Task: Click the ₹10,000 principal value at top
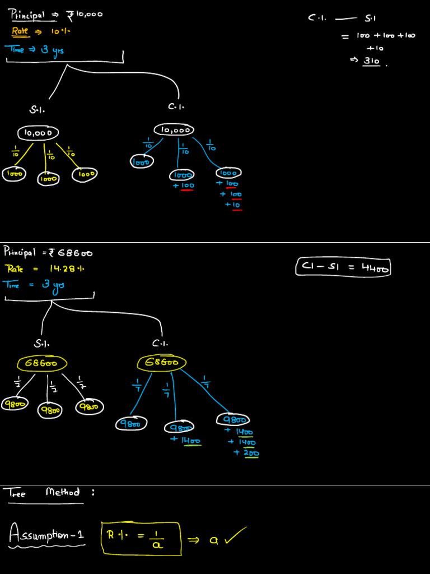(x=85, y=15)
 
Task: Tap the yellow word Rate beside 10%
(x=20, y=31)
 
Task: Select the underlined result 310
(x=372, y=61)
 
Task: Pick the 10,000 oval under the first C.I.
(x=173, y=129)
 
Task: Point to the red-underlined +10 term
(x=233, y=205)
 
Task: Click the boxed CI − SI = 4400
(x=343, y=267)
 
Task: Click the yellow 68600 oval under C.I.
(x=162, y=362)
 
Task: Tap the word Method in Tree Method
(x=63, y=492)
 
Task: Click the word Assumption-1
(x=47, y=535)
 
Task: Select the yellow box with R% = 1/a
(x=141, y=538)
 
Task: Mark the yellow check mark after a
(x=235, y=536)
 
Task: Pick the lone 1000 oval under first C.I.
(x=142, y=162)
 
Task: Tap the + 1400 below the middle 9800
(x=186, y=441)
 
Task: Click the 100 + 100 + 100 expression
(x=386, y=35)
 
